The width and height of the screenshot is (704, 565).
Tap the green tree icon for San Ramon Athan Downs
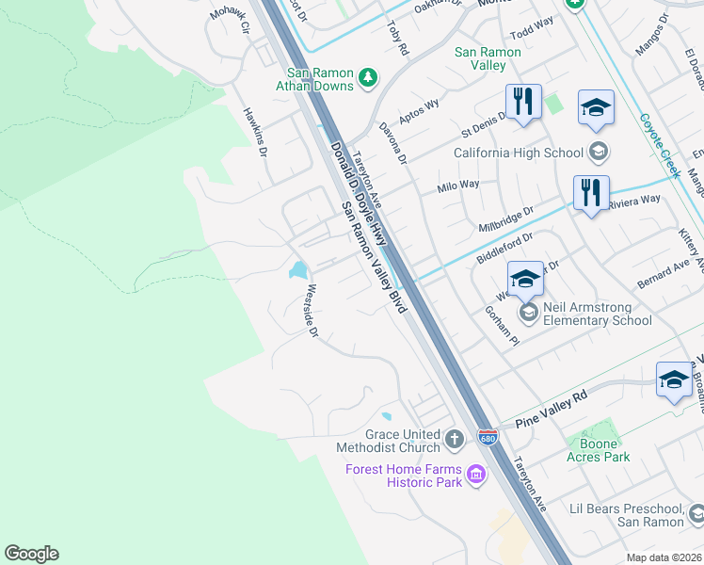coord(369,76)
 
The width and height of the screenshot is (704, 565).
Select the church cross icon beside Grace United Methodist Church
coord(454,438)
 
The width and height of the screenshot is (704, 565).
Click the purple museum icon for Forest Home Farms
coord(476,476)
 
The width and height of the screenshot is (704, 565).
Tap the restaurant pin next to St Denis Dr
coord(523,103)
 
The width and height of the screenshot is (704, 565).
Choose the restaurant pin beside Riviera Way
coord(591,194)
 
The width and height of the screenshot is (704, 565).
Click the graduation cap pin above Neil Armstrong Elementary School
coord(525,280)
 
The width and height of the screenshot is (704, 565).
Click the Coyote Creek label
coord(659,145)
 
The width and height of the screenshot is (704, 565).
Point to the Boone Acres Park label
coord(598,450)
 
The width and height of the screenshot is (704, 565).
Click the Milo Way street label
coord(458,186)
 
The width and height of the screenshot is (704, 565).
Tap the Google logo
coord(31,554)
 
